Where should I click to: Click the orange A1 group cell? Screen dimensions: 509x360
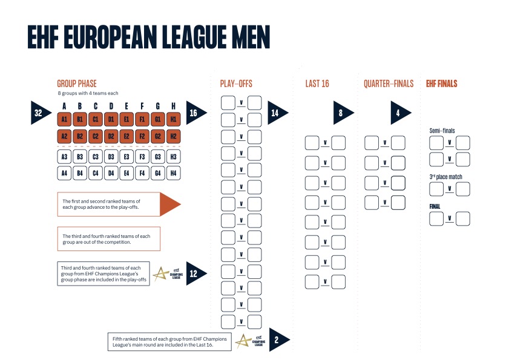(x=64, y=119)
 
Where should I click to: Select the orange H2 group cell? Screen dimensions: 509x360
(x=173, y=136)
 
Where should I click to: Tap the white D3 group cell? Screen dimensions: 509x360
(x=111, y=157)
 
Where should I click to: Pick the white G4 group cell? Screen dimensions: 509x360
(x=158, y=174)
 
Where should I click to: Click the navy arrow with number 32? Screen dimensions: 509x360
(x=41, y=113)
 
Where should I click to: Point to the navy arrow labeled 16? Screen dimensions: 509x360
(x=195, y=113)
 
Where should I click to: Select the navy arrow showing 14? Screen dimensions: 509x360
(x=277, y=113)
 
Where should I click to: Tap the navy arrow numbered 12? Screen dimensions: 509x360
(x=195, y=273)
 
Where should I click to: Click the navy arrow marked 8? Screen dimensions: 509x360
(x=343, y=113)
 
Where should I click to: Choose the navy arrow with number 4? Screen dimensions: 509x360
(x=401, y=113)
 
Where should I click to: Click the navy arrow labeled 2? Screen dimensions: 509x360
(x=279, y=339)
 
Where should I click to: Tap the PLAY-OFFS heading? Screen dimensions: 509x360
(x=236, y=83)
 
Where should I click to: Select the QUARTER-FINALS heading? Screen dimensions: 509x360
(x=389, y=83)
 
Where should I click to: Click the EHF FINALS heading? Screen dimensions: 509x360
(x=441, y=83)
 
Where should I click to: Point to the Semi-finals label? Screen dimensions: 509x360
(x=442, y=131)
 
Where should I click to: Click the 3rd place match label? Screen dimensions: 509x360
(x=445, y=177)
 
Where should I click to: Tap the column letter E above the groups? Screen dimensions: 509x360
(x=126, y=106)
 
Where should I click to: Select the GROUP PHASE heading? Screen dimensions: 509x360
(x=77, y=83)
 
